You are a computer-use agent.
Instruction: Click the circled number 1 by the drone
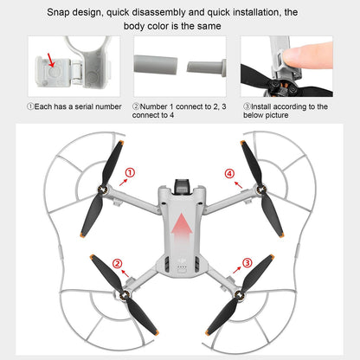tap(130, 173)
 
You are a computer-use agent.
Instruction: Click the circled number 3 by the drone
tap(247, 262)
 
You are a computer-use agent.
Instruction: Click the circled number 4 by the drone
tap(229, 173)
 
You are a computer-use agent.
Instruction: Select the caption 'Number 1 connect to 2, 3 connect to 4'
tap(180, 111)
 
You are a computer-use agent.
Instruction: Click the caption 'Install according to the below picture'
tap(284, 111)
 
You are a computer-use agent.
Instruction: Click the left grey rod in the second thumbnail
tap(156, 65)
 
